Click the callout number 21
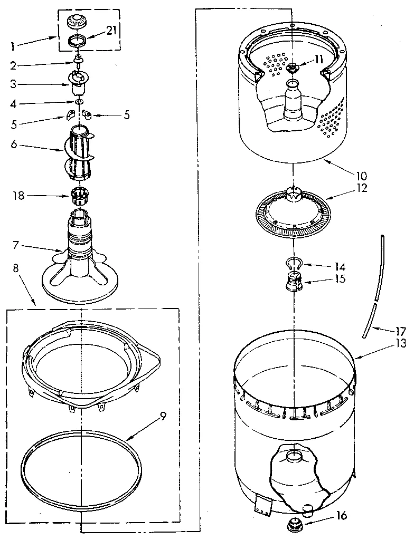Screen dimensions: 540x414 coord(110,31)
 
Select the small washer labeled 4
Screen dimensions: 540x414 coord(78,101)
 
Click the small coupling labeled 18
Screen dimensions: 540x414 coord(78,197)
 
